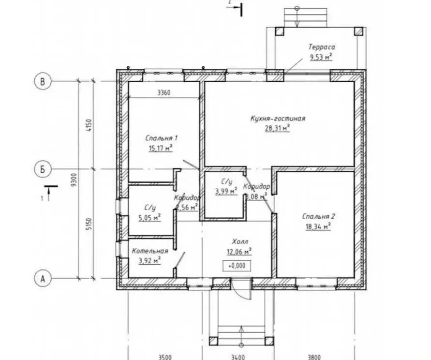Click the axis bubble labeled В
(x=43, y=81)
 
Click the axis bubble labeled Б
(x=43, y=169)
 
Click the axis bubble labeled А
(x=43, y=278)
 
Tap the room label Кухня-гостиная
(x=278, y=119)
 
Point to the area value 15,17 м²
(x=161, y=148)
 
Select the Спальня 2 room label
(x=318, y=216)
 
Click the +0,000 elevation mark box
(x=237, y=266)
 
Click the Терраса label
(x=322, y=47)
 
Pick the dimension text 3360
(x=164, y=93)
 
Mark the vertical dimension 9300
(x=74, y=180)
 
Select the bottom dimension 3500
(x=165, y=357)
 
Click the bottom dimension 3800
(x=314, y=357)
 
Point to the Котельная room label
(x=150, y=251)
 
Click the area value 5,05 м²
(x=150, y=218)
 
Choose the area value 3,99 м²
(x=226, y=191)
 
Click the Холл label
(x=240, y=242)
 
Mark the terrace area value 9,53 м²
(x=321, y=57)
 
